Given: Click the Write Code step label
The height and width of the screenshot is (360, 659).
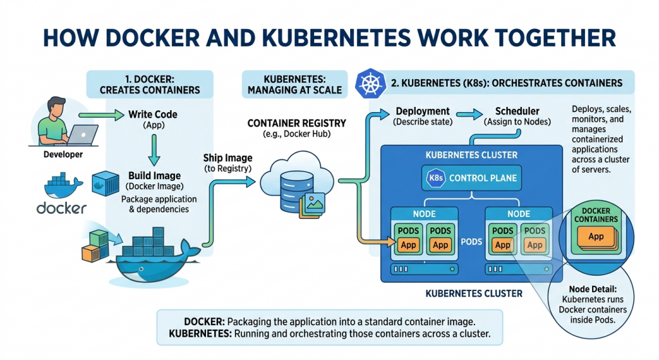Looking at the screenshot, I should tap(153, 115).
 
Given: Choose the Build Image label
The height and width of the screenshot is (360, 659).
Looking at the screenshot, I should tap(154, 175).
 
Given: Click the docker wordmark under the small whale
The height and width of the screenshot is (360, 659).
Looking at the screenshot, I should tap(61, 208).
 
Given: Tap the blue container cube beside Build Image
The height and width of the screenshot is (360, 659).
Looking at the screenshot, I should tap(105, 182).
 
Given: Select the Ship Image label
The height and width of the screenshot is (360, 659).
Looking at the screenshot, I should tap(227, 158).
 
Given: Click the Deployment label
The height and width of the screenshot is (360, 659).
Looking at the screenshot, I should tap(422, 111).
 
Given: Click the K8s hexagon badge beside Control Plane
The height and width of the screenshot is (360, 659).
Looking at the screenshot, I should tap(436, 178).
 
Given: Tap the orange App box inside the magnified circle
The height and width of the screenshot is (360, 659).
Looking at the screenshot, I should tap(596, 236).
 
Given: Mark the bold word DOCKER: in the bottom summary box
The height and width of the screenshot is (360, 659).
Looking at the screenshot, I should tap(205, 321).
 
